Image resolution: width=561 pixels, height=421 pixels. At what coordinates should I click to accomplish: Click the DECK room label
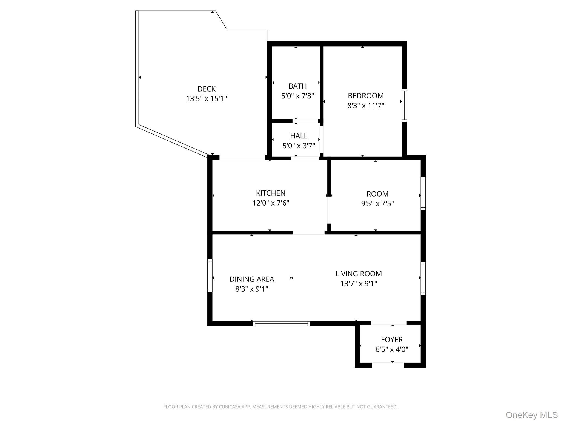[x=207, y=89]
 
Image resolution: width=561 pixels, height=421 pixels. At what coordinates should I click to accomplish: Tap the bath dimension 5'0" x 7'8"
[x=297, y=96]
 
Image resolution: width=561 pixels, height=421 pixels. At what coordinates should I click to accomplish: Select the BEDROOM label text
[x=366, y=96]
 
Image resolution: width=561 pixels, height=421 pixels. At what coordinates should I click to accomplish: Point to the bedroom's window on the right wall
[x=404, y=105]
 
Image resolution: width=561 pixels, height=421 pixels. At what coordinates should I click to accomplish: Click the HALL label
[x=299, y=136]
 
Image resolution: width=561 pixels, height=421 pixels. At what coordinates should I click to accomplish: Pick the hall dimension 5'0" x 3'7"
[x=299, y=146]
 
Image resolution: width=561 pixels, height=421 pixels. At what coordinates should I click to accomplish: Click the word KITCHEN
[x=271, y=193]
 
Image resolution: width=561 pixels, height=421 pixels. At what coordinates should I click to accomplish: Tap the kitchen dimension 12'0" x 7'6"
[x=271, y=203]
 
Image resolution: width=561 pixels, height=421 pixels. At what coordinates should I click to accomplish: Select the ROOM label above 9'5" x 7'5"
[x=377, y=194]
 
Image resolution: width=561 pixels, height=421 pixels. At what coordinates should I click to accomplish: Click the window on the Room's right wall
[x=423, y=193]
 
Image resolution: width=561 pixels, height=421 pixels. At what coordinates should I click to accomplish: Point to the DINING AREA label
[x=252, y=279]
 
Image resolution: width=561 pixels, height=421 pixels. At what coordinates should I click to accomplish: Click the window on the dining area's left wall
[x=210, y=275]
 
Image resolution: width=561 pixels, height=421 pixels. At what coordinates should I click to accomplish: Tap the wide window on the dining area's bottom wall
[x=281, y=323]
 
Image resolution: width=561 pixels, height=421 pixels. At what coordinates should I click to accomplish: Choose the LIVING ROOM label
[x=359, y=274]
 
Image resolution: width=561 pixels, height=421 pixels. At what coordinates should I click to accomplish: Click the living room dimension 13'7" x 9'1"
[x=359, y=283]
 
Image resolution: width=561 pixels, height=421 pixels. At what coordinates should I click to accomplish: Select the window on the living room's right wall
[x=423, y=278]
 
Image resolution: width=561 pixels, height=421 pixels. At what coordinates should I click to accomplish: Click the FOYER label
[x=392, y=339]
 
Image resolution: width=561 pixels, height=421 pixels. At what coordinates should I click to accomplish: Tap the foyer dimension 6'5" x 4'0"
[x=392, y=349]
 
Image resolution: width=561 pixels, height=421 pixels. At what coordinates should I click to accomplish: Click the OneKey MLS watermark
[x=531, y=415]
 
